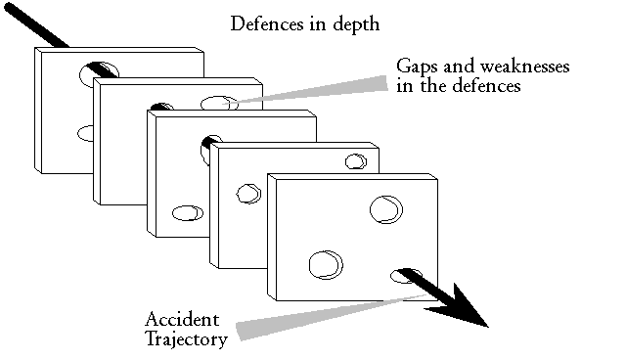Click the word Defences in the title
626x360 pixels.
260,23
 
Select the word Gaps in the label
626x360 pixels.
415,66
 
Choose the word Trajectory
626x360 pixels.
186,339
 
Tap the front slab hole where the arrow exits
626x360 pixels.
402,275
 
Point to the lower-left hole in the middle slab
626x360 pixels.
185,212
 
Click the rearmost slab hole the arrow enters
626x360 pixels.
101,69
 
